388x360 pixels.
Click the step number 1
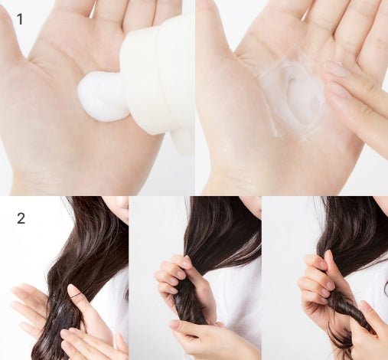pos(20,19)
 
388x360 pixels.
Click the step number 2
pos(21,218)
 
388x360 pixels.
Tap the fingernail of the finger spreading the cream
pos(336,68)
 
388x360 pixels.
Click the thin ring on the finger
pos(77,296)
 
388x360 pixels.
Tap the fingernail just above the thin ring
pos(73,288)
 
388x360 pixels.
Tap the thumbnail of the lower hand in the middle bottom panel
pos(175,325)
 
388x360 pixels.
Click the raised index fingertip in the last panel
pos(328,255)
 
